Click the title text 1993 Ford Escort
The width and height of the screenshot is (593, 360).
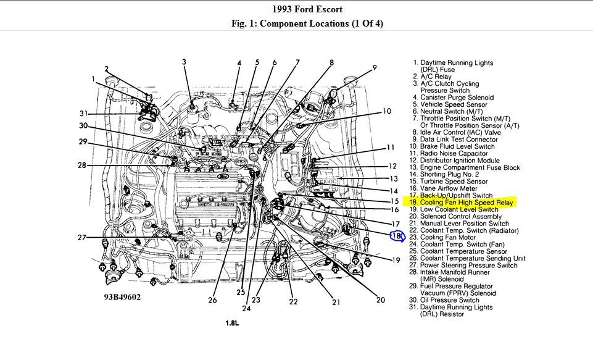307,9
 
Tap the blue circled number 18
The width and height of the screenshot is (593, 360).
397,235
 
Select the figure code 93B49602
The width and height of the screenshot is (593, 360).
122,297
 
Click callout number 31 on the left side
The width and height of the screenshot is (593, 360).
85,113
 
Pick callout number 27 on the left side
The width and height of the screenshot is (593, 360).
82,238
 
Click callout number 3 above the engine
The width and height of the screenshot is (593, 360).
184,61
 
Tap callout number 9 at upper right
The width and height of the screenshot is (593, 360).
375,67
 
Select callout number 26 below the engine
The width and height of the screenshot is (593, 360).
212,300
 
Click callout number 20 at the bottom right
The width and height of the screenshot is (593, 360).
380,299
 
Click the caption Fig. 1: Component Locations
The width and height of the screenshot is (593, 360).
307,23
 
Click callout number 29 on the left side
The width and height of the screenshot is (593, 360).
83,142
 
